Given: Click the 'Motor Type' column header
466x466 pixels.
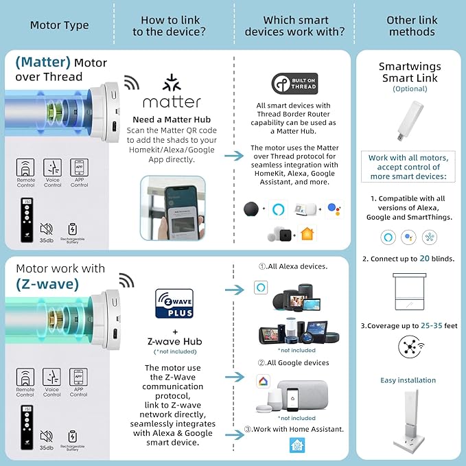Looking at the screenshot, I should (x=59, y=25).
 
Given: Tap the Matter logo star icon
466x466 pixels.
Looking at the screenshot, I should (x=171, y=84).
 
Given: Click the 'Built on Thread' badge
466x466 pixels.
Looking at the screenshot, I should (x=294, y=84).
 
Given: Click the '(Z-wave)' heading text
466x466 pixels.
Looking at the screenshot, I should (x=47, y=284).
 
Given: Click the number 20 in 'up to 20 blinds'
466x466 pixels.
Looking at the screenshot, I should (x=426, y=259).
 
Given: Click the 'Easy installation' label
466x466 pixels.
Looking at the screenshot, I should (x=408, y=380).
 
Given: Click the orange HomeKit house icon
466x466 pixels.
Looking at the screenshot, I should (x=306, y=233).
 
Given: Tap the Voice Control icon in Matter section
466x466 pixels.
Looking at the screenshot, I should (x=52, y=168).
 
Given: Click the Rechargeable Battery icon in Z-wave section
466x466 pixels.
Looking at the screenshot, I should (x=73, y=436).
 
